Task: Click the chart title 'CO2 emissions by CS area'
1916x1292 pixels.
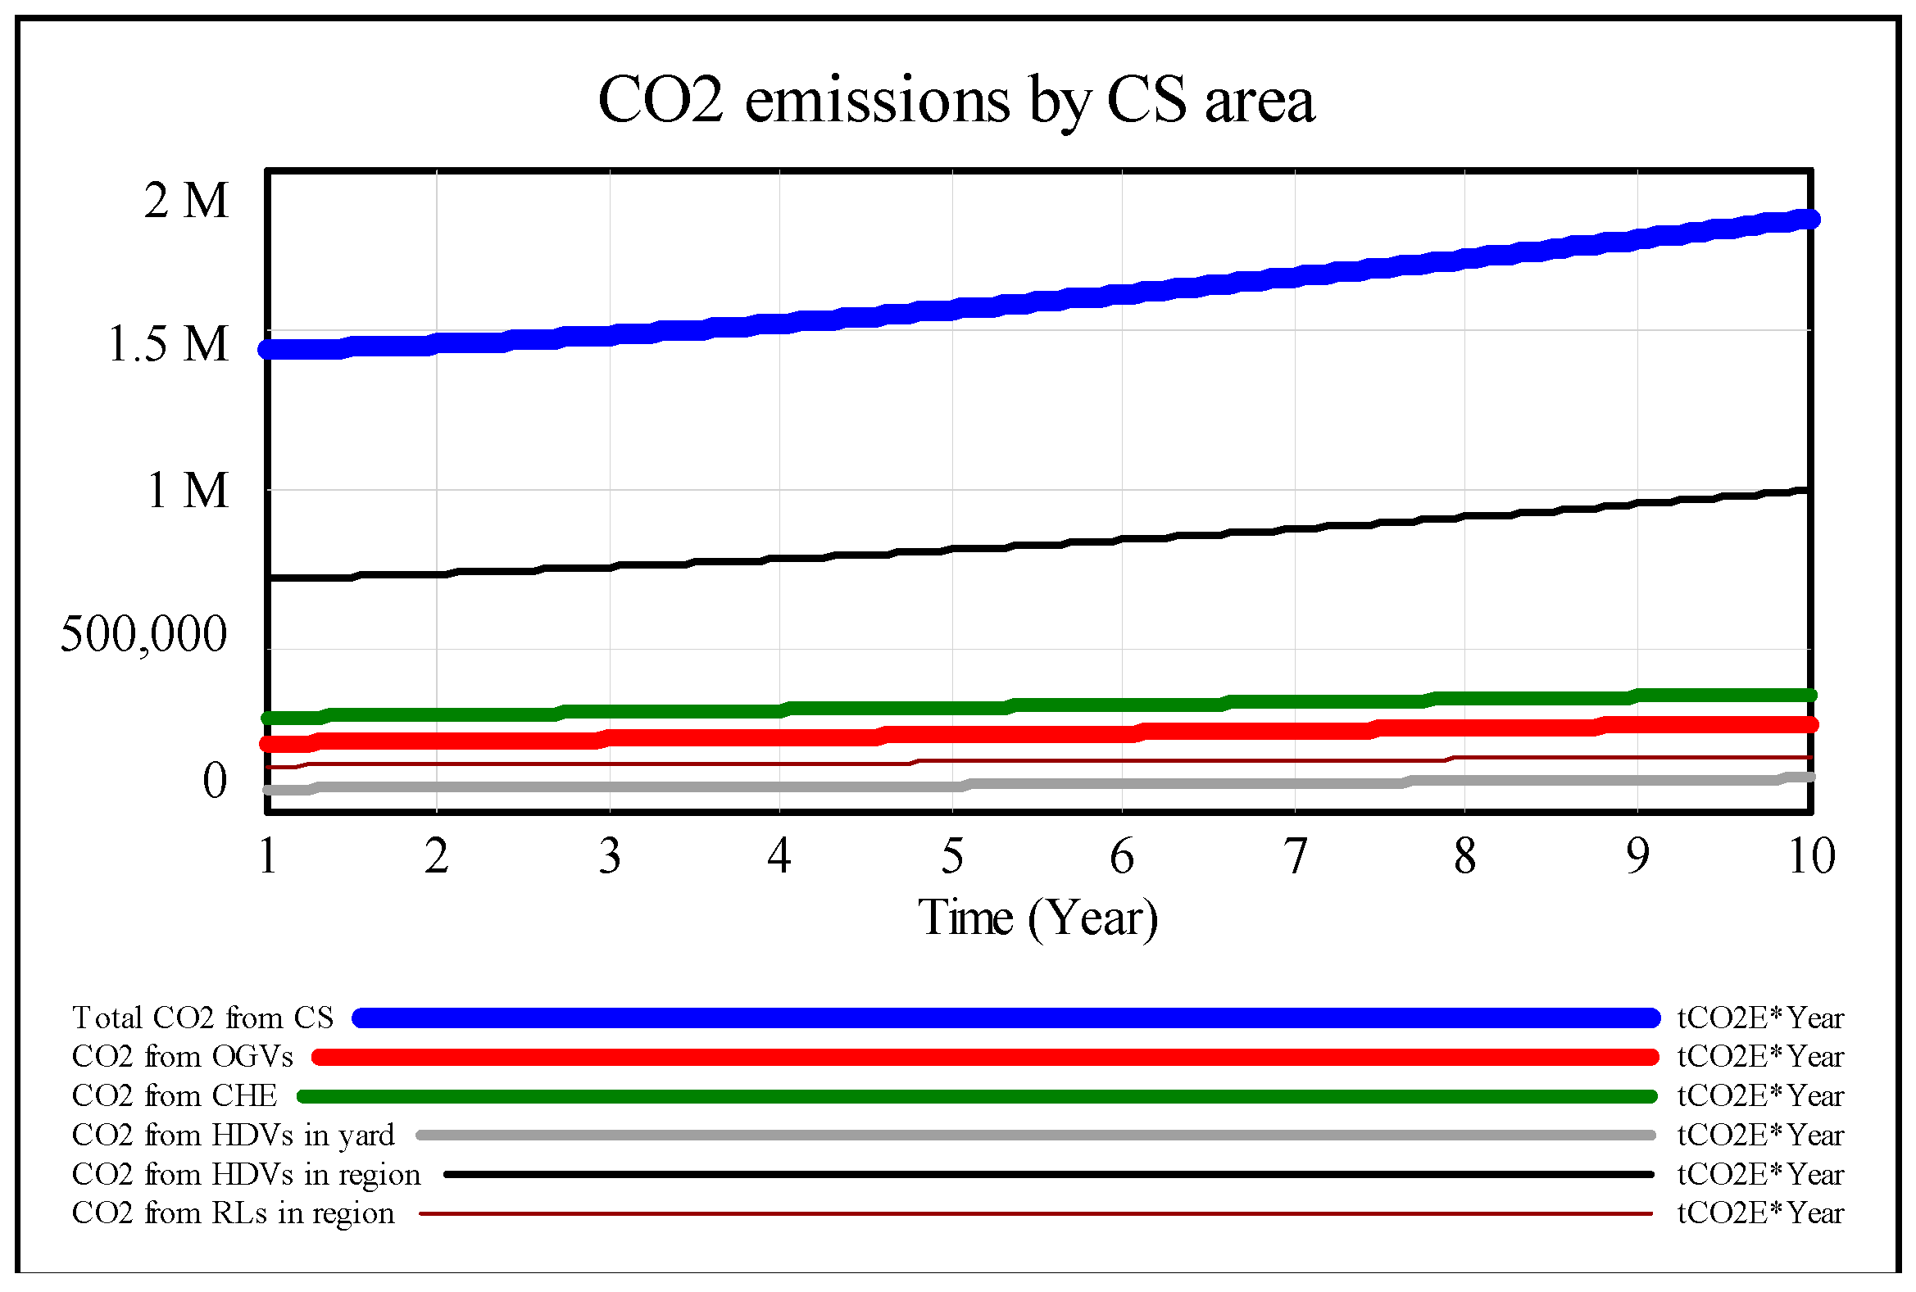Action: (955, 101)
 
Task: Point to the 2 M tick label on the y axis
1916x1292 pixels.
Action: (186, 200)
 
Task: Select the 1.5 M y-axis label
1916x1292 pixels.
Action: (168, 343)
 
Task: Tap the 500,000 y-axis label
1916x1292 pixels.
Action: (143, 634)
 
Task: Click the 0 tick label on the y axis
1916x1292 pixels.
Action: (214, 779)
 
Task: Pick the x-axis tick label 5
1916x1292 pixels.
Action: (951, 857)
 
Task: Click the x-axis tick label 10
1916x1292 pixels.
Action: (1810, 857)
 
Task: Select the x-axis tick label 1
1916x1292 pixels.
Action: (267, 857)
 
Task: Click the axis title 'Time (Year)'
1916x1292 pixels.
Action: (1037, 918)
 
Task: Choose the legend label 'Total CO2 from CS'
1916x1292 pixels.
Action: (202, 1018)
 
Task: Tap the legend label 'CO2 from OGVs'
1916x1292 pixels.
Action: (182, 1057)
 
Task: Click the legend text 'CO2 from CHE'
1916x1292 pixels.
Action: (175, 1096)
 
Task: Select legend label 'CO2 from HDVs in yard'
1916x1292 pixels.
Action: (234, 1136)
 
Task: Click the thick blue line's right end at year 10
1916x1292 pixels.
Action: (1808, 220)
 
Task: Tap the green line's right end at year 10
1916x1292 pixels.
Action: (1808, 696)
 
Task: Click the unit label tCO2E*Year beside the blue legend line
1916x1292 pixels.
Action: (1759, 1018)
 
